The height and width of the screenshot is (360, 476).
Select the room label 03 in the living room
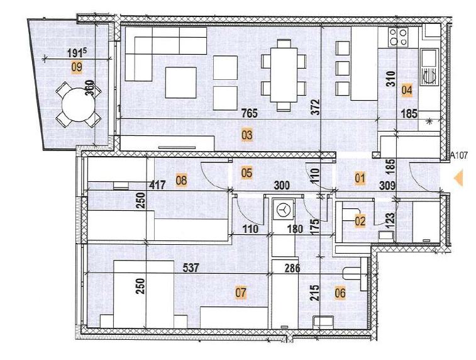pos(246,134)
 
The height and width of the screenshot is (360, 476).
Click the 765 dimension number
pos(251,114)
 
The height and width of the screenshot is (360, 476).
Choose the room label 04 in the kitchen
pos(407,89)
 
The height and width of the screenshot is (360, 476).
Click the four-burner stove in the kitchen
pos(398,37)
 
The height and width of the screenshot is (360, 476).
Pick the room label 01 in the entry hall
pos(360,178)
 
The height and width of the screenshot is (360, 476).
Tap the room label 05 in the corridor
pos(246,172)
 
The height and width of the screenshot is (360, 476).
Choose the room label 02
pos(360,220)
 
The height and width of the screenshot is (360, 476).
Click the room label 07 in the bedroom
pos(240,292)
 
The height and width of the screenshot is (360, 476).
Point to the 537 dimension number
pos(191,267)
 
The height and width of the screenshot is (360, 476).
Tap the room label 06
pos(340,292)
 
